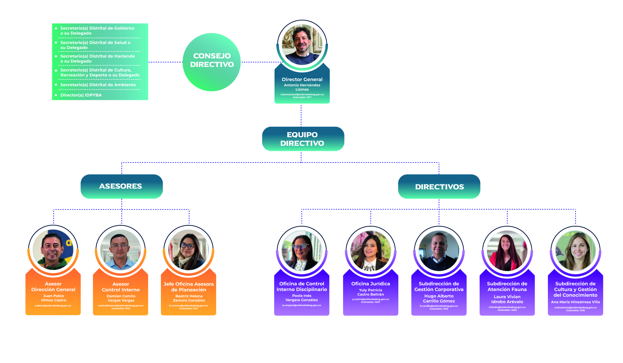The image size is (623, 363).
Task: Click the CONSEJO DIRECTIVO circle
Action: click(212, 62)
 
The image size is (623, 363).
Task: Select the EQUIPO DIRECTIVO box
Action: click(303, 139)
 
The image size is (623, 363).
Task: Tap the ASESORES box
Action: click(121, 186)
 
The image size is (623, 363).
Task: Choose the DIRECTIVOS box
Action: click(439, 187)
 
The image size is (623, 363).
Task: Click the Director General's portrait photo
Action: click(302, 45)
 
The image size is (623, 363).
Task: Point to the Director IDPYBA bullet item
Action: click(81, 95)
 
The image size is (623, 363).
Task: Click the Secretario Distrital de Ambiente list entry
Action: click(98, 85)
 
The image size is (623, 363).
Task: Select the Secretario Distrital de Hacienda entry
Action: click(97, 59)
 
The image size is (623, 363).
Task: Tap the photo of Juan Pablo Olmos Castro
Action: click(53, 250)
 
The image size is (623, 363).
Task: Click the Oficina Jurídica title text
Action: click(370, 284)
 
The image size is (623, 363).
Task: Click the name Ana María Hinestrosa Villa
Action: click(575, 302)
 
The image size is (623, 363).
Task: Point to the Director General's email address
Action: click(302, 95)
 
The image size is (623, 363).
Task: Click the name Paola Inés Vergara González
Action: click(302, 298)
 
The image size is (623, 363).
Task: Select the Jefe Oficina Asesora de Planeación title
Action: click(188, 287)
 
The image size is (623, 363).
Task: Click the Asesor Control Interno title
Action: click(121, 287)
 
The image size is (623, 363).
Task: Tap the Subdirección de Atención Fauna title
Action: click(507, 286)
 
